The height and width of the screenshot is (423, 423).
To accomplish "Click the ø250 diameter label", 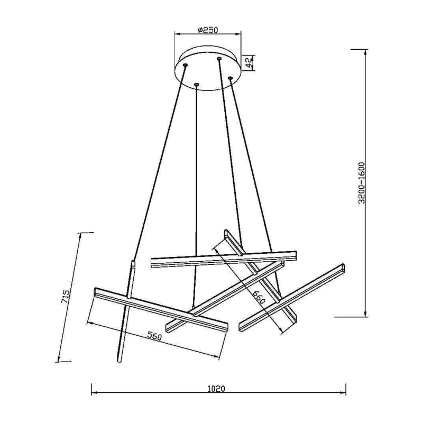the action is point(207,30).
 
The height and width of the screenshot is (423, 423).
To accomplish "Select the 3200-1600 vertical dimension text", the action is point(361,183).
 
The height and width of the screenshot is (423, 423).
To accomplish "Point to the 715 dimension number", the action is point(66,297).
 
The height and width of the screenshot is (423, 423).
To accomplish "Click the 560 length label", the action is point(155,336).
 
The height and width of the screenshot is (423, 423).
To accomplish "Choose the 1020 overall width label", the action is point(216,389).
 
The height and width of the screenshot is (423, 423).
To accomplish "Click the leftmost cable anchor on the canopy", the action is point(185,65).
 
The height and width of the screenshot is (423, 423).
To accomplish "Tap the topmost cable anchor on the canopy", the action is point(219,58).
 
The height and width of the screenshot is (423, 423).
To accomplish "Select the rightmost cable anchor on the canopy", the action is point(230,78).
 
